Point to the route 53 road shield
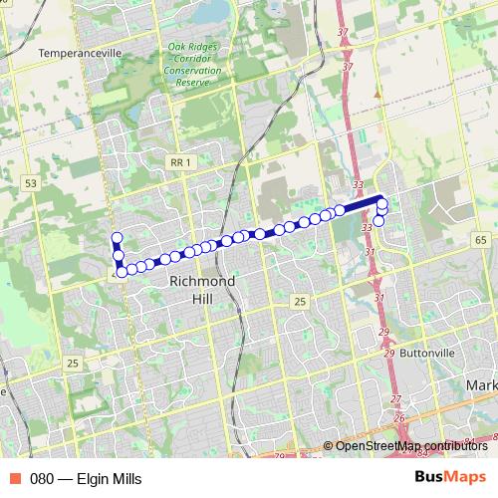point(30,183)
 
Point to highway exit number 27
point(396,398)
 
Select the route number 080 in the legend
point(42,479)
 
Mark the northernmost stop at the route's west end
point(117,237)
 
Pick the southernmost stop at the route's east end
point(378,221)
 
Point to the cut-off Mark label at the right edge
point(481,384)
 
